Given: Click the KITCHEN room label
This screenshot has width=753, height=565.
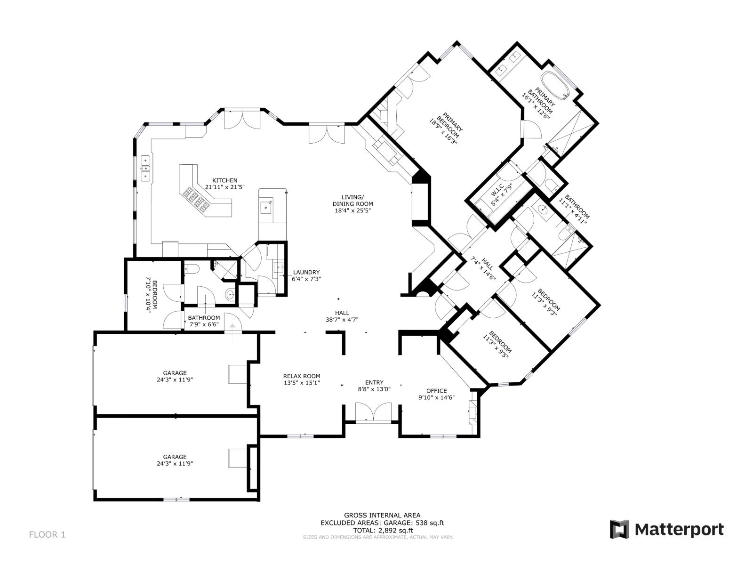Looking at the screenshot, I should pyautogui.click(x=224, y=180).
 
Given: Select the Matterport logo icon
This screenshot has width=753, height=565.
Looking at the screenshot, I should pyautogui.click(x=619, y=529).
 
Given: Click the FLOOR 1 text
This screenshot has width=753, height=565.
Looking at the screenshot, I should pyautogui.click(x=47, y=534).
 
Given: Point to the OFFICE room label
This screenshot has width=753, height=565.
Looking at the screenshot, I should pyautogui.click(x=436, y=391).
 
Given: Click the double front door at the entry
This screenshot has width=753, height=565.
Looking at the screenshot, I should pyautogui.click(x=373, y=412).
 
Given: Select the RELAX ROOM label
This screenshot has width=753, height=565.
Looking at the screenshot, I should pyautogui.click(x=302, y=376).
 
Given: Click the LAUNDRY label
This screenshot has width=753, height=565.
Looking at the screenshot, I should pyautogui.click(x=306, y=272).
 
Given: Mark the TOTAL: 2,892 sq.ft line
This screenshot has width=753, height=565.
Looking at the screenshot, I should pyautogui.click(x=382, y=530).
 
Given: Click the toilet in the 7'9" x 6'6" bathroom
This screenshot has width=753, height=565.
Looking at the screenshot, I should pyautogui.click(x=193, y=269).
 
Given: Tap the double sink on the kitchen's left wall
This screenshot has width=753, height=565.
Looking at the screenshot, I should pyautogui.click(x=145, y=168).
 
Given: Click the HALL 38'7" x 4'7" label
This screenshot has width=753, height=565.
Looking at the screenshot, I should pyautogui.click(x=342, y=316).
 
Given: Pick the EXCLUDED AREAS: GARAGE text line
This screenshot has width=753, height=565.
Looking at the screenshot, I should pyautogui.click(x=382, y=523).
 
